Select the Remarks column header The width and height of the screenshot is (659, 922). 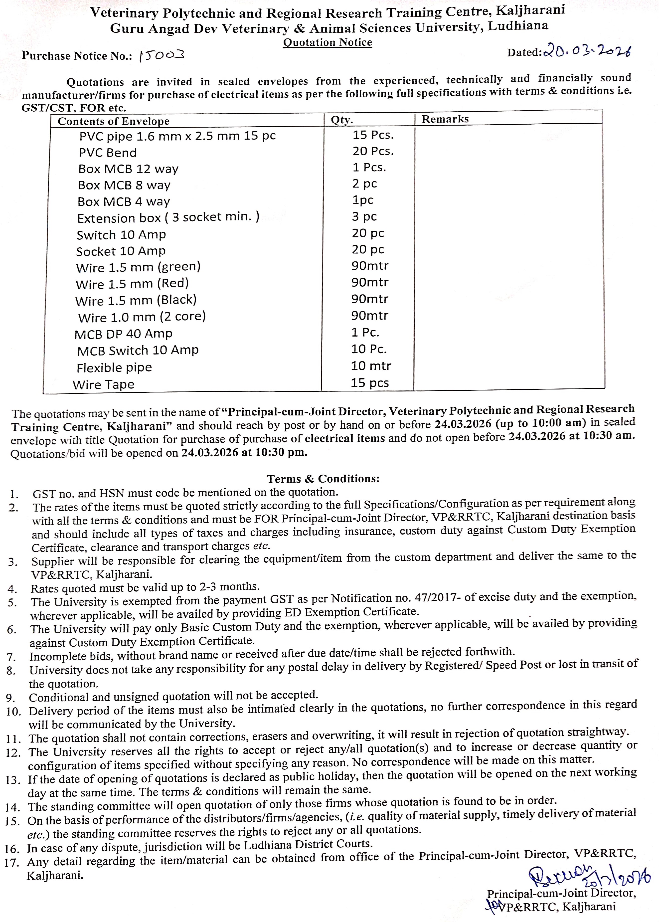coord(445,119)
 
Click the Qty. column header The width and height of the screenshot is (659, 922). coord(342,120)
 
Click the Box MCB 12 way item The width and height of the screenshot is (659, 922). coord(128,169)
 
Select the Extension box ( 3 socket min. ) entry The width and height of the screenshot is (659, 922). coord(168,218)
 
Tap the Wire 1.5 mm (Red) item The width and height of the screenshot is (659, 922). coord(132,284)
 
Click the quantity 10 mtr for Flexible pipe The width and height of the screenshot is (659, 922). coord(370,366)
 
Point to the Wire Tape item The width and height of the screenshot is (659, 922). coord(104,384)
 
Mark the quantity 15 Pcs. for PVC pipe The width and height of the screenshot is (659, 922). coord(373,135)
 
